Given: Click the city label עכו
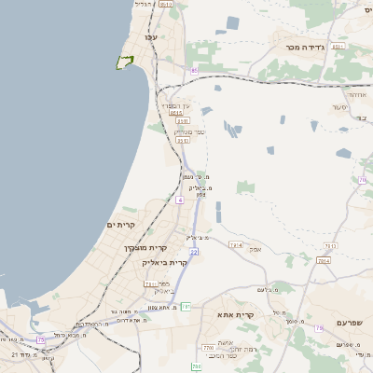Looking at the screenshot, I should tap(151, 36).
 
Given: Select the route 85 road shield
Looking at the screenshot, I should tap(194, 70).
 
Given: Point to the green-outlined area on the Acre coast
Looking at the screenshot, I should tap(123, 62).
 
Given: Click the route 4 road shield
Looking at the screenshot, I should tap(179, 200).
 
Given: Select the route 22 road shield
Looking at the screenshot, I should tap(194, 252).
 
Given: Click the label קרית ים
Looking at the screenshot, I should tap(121, 225).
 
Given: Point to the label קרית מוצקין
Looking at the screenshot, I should tap(145, 247).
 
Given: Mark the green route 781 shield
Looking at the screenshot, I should tap(186, 306).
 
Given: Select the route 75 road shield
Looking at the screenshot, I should tap(40, 340).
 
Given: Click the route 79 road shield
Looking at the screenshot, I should tap(318, 327).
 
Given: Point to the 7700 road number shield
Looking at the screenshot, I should tap(207, 348).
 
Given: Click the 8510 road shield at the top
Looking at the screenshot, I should tap(166, 5).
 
